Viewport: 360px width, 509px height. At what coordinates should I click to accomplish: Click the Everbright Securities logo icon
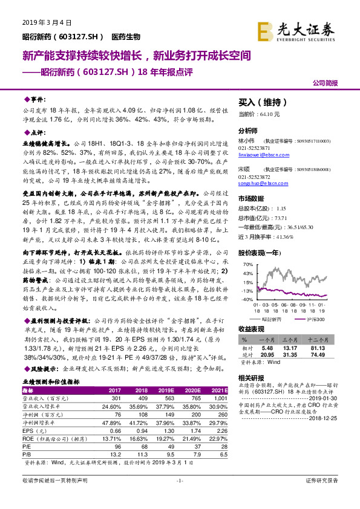pos(264,30)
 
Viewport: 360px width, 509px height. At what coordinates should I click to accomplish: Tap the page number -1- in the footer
pos(180,497)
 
